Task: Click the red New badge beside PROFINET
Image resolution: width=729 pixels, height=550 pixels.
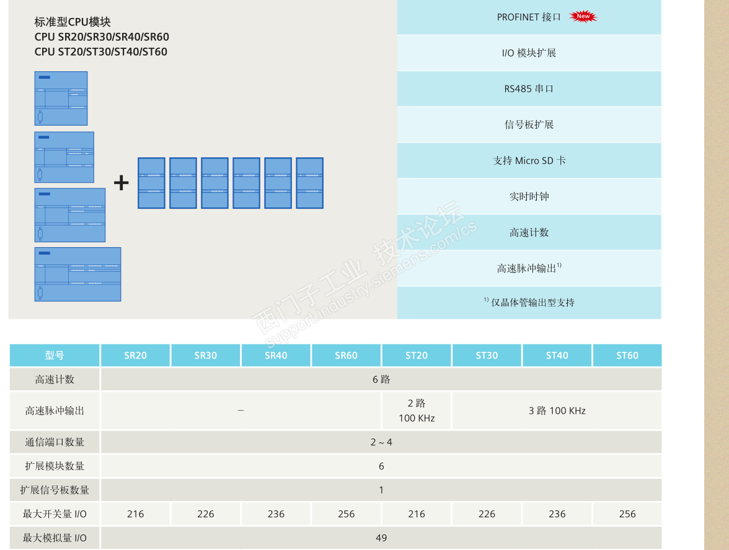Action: point(583,17)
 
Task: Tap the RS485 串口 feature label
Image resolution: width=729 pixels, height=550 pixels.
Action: point(529,89)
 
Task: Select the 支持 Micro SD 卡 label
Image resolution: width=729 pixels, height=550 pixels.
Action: point(529,160)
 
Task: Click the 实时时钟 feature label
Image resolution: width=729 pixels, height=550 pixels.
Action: point(529,196)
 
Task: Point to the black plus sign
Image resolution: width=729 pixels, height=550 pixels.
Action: point(122,183)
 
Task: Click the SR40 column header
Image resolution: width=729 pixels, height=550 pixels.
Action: point(276,356)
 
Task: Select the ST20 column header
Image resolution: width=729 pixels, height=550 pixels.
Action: point(417,356)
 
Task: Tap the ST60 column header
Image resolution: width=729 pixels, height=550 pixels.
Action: point(627,356)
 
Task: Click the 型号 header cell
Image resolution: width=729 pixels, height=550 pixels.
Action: point(55,356)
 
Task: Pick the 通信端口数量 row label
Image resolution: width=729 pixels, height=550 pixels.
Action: point(55,442)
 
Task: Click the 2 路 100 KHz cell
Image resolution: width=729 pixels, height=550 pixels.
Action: point(417,411)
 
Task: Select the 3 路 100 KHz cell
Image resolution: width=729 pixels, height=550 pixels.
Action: point(557,411)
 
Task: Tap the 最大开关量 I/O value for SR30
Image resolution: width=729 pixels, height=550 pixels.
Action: point(206,514)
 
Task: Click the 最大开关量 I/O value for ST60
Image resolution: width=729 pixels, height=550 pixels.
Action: point(627,514)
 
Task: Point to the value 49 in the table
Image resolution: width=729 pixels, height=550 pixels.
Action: point(381,538)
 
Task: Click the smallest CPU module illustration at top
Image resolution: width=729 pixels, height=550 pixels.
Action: point(61,98)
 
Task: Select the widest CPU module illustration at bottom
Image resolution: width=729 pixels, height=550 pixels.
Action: point(77,274)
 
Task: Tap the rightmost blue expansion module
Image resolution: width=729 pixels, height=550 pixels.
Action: point(310,183)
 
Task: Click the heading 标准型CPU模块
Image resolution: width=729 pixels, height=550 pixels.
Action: point(73,22)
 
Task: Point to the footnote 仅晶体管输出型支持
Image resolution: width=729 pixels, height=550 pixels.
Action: point(532,302)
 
